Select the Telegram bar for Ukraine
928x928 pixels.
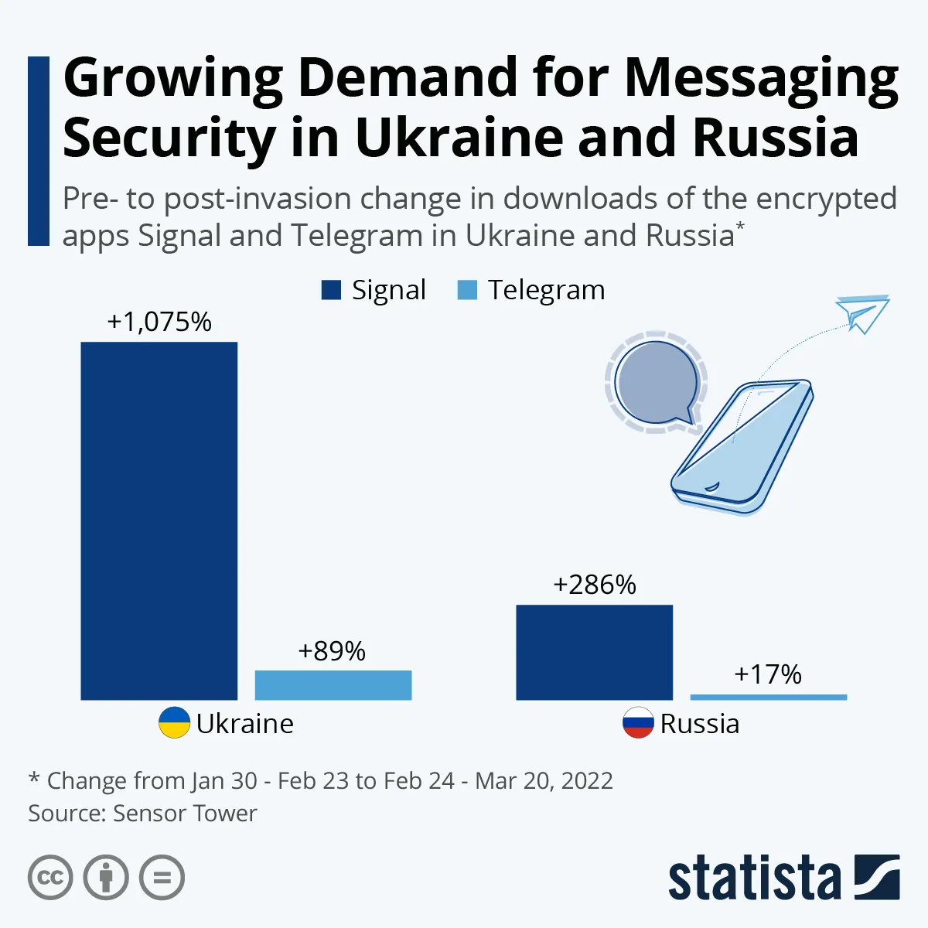point(333,685)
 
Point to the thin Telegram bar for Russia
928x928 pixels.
point(768,697)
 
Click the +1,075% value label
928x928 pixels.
point(159,322)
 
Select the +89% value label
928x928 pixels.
point(332,651)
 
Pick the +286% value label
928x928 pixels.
point(594,585)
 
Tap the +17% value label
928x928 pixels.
point(767,674)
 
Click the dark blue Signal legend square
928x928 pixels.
point(331,291)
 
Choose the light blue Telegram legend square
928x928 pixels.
point(467,291)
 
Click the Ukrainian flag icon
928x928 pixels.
point(174,723)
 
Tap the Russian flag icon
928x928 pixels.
point(638,723)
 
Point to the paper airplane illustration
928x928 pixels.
point(862,313)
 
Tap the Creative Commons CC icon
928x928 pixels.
point(50,878)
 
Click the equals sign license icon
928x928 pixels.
point(162,878)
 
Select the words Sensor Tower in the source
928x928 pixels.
point(185,814)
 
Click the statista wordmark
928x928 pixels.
point(754,879)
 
